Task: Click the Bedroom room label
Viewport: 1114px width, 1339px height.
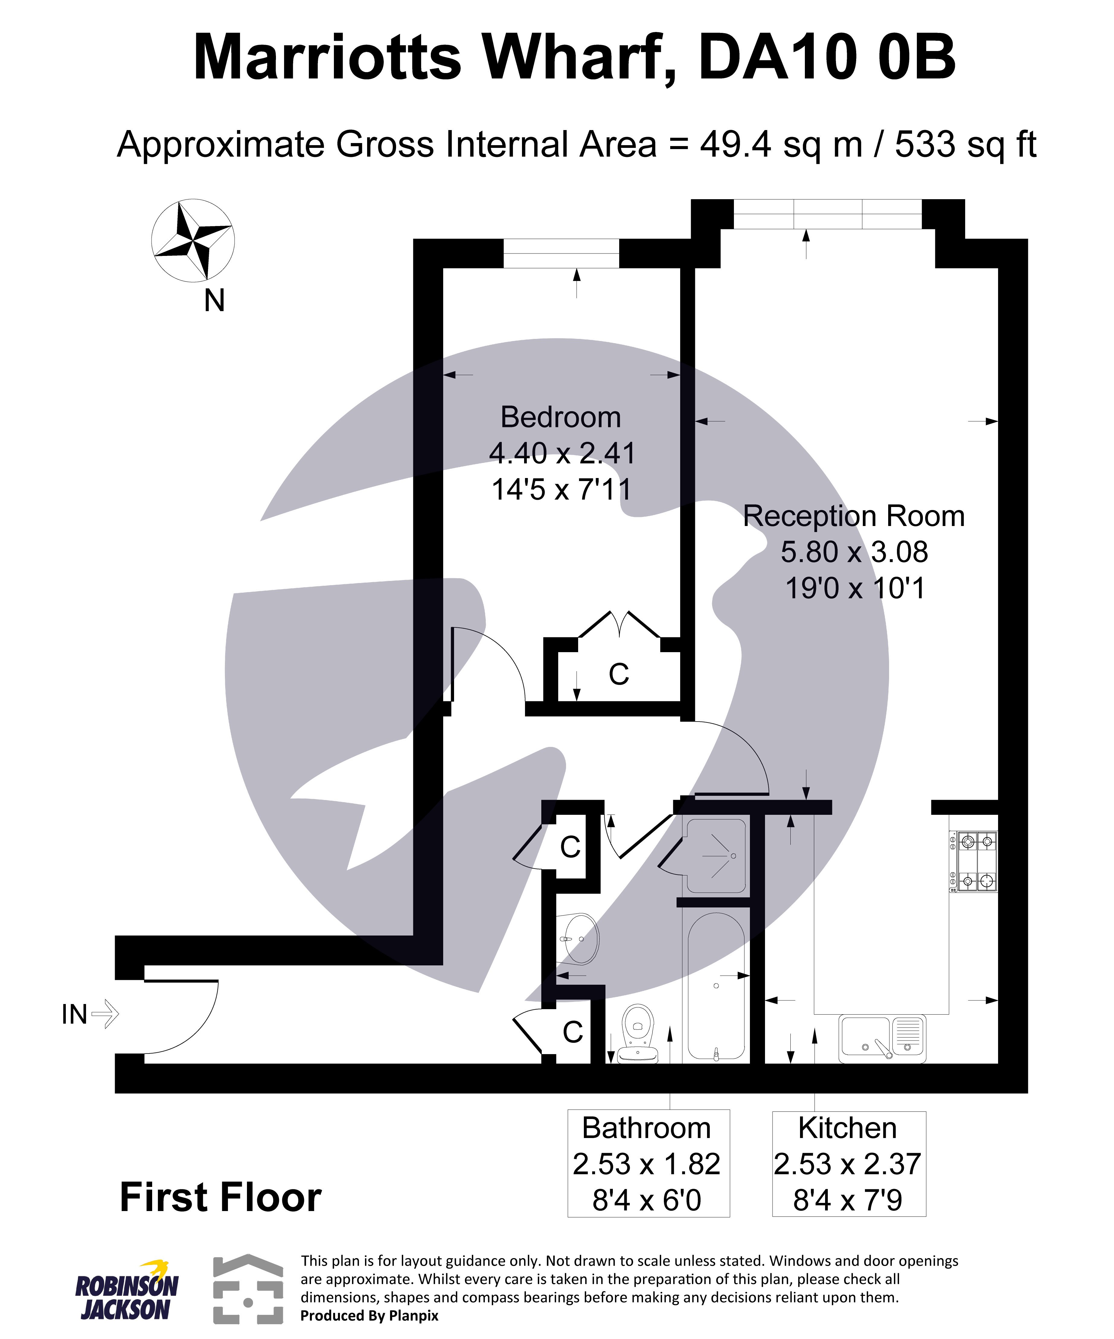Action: click(x=560, y=418)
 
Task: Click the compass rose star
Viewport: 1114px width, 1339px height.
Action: click(x=193, y=241)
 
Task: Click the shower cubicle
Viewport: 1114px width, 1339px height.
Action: click(x=716, y=856)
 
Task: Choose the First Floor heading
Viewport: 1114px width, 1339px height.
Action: click(x=221, y=1197)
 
